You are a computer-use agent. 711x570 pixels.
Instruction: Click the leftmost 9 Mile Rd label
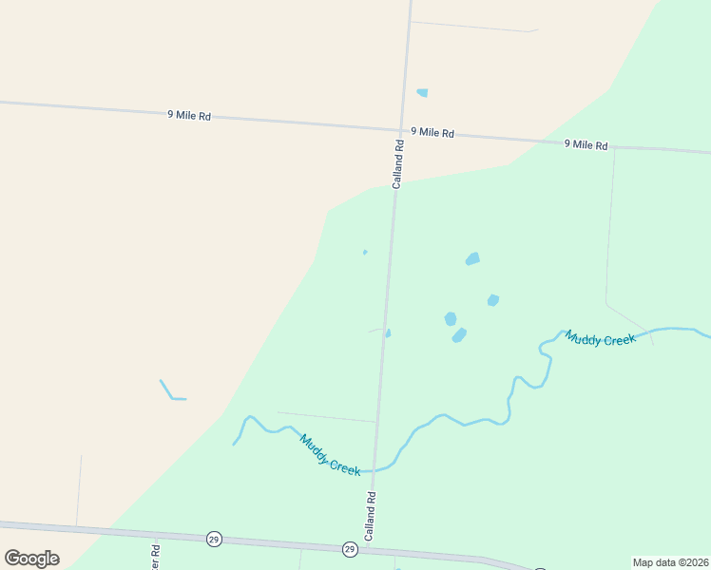(x=188, y=115)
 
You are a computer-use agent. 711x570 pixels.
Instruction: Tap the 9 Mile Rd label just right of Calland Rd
(x=432, y=133)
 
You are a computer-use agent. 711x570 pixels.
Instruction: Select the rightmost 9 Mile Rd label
(x=586, y=144)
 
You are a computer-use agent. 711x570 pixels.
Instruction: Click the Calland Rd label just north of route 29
(x=371, y=516)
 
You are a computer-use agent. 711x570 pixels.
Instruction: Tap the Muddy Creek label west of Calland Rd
(x=330, y=455)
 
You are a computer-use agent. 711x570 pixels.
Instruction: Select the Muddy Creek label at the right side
(x=600, y=338)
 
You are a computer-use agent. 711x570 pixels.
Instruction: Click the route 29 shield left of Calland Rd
(x=213, y=539)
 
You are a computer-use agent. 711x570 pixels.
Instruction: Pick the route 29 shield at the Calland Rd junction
(x=350, y=549)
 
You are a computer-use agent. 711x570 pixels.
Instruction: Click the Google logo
(x=32, y=559)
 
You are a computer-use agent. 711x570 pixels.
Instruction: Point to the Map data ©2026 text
(x=670, y=562)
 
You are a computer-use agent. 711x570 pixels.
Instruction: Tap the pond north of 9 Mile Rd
(x=422, y=93)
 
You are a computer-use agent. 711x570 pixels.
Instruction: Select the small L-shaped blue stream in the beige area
(x=171, y=392)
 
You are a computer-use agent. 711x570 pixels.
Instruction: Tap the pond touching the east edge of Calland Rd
(x=388, y=332)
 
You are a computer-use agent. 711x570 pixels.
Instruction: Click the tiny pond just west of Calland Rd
(x=365, y=252)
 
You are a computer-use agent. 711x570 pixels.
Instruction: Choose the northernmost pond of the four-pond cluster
(x=472, y=258)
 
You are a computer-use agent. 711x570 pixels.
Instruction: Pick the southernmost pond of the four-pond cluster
(x=459, y=335)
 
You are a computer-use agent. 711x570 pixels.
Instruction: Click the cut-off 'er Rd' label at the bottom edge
(x=155, y=552)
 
